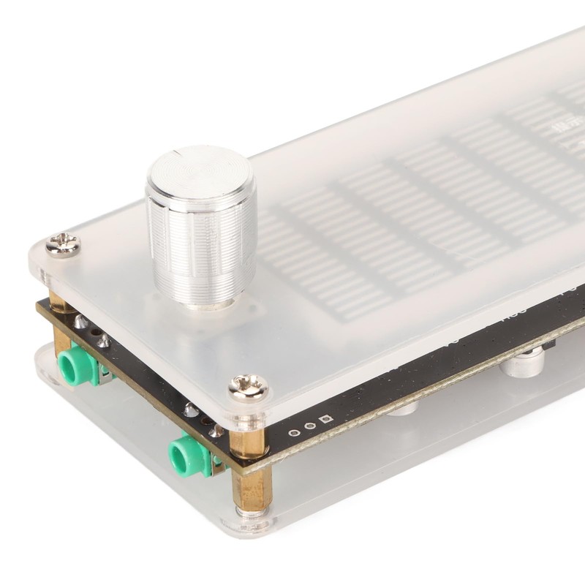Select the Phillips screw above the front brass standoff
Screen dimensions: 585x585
click(248, 385)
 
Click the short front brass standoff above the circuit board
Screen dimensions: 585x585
click(248, 438)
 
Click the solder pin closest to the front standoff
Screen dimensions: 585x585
click(216, 431)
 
